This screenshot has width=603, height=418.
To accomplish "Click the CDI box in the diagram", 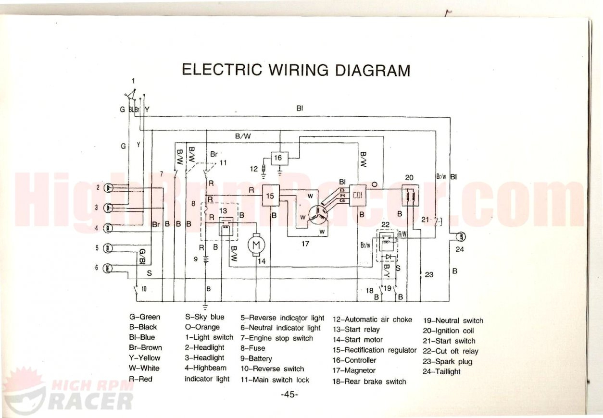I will tap(358, 196).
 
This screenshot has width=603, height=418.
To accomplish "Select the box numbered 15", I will tap(270, 196).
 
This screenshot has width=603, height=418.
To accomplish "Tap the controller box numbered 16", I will tap(278, 158).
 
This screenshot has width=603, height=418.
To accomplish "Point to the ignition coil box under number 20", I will tap(410, 196).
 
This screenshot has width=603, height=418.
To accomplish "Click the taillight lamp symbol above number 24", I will tap(460, 236).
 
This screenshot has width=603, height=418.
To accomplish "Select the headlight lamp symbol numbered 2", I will tap(109, 188).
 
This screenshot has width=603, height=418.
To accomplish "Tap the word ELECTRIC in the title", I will tap(222, 70).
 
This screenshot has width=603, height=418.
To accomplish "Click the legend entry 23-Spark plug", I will tap(447, 361).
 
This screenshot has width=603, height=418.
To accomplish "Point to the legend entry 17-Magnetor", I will tap(354, 370).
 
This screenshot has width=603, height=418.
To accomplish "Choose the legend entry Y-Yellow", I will tap(145, 358).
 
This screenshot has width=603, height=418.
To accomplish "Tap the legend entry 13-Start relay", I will tap(356, 330).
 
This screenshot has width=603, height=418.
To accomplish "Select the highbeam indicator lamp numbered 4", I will tap(109, 228).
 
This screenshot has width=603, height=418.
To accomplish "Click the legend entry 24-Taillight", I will tap(441, 371).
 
